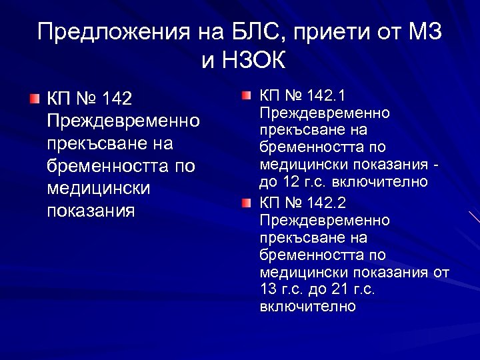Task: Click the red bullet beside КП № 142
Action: pos(35,99)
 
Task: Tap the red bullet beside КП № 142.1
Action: pos(247,96)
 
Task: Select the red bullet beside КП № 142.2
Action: pos(247,201)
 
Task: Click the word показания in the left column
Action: pos(91,211)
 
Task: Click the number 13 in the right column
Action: pos(268,289)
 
